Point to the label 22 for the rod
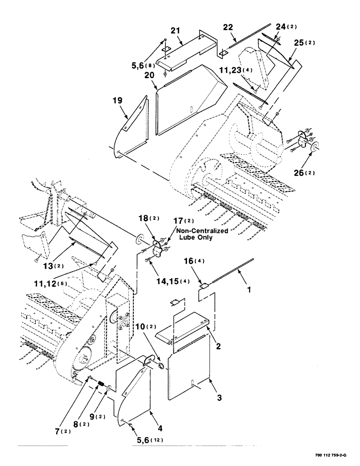(x=228, y=28)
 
